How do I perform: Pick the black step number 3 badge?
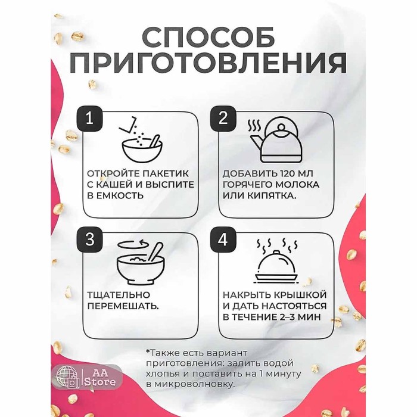click(89, 239)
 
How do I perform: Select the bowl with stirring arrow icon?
click(140, 262)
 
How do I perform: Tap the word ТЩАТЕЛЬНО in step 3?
click(118, 295)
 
